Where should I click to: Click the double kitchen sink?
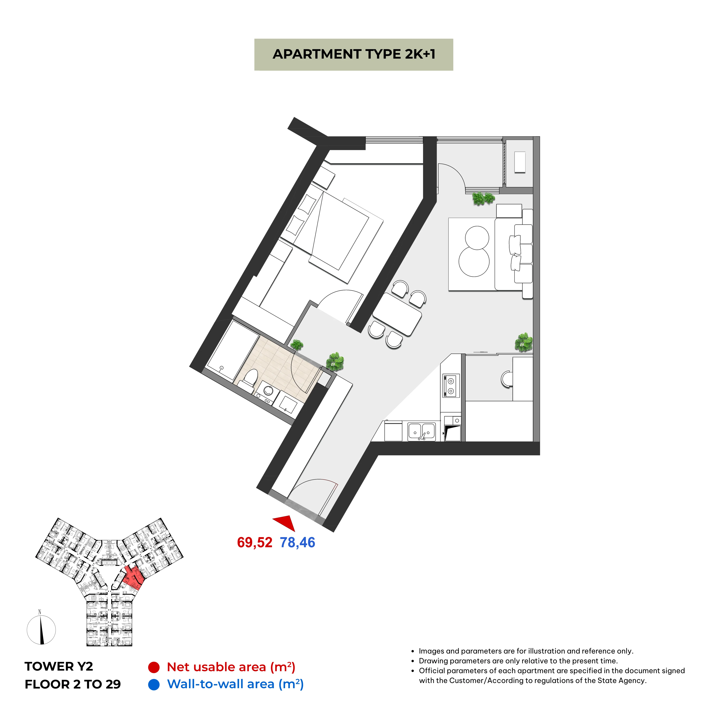[422, 432]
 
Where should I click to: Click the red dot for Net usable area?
[154, 667]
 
